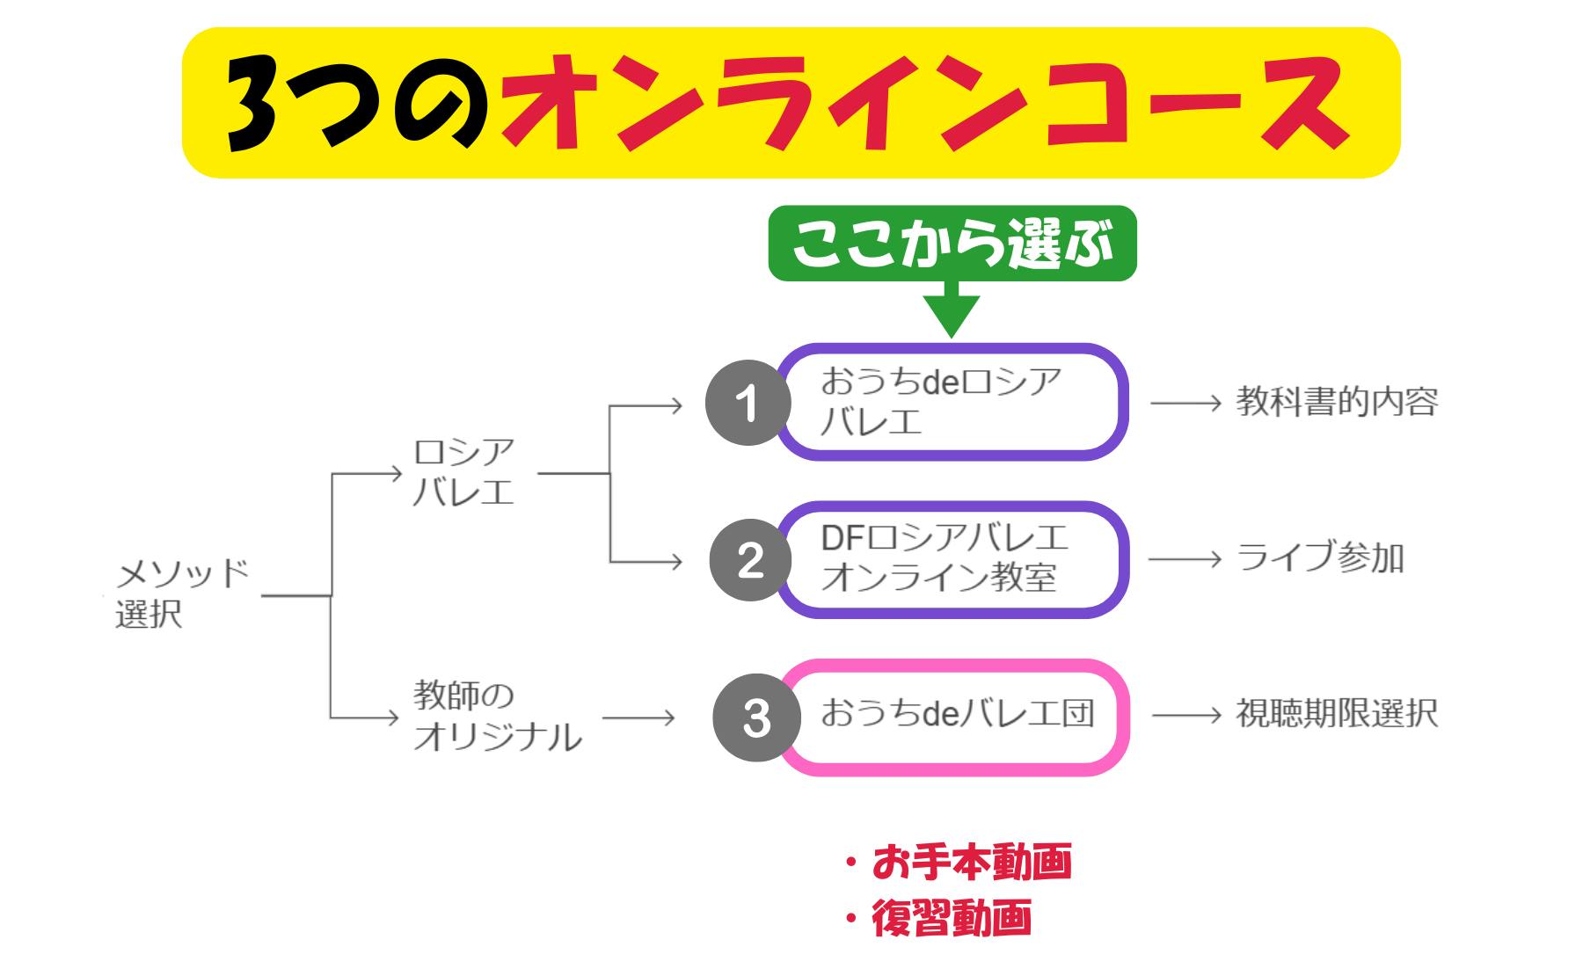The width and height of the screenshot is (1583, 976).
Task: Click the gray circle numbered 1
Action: [x=748, y=404]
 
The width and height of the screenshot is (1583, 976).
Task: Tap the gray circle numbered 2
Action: [x=750, y=560]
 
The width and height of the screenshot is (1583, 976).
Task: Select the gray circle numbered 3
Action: [x=756, y=717]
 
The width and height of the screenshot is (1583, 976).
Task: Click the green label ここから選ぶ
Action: [x=952, y=244]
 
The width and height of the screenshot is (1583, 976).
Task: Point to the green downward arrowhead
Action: [x=952, y=315]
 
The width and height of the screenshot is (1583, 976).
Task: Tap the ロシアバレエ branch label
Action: [x=463, y=472]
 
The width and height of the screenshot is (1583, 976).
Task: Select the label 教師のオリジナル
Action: [x=497, y=717]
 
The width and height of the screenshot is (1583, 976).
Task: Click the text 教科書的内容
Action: [x=1337, y=402]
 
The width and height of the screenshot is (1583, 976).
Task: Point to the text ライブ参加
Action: [x=1320, y=558]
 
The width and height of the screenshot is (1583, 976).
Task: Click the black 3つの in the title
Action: [x=361, y=104]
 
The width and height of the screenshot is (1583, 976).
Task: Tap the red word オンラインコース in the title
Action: [x=923, y=104]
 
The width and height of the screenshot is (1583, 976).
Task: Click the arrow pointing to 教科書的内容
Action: [x=1186, y=403]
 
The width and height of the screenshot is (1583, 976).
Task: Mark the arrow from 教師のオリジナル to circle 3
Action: [x=638, y=717]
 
